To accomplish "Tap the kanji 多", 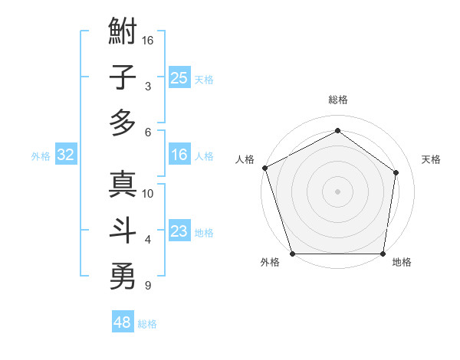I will point(123,123).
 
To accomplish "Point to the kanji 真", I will point(123,185).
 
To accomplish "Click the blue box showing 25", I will point(179,77).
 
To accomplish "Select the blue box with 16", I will point(179,155).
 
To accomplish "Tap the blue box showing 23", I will point(179,231).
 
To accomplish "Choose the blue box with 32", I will point(66,155).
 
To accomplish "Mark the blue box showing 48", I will point(123,322).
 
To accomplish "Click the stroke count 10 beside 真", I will point(149,194).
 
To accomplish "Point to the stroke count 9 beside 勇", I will point(146,286).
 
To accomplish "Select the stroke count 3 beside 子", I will point(146,87).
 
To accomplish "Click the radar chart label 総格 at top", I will point(337,100).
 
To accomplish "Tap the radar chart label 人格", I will point(245,159).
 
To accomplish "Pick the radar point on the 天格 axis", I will point(396,172).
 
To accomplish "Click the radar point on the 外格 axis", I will point(292,254).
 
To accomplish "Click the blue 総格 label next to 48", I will point(147,324).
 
